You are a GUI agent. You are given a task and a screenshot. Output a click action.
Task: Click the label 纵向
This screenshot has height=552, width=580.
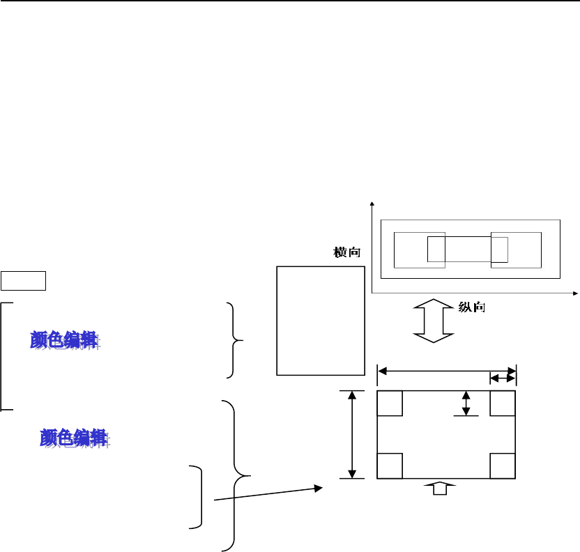472,307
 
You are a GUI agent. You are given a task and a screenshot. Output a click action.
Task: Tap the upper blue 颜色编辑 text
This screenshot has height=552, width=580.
64,340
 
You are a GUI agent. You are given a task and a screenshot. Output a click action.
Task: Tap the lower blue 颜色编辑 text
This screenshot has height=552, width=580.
73,438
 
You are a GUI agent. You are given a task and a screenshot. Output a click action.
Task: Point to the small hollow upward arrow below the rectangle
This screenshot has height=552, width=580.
440,489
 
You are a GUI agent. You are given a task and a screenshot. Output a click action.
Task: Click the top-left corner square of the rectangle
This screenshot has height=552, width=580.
390,403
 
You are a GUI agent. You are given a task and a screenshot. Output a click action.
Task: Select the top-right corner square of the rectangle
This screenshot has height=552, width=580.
503,403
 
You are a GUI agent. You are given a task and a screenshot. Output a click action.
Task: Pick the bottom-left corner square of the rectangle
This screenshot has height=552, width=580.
390,466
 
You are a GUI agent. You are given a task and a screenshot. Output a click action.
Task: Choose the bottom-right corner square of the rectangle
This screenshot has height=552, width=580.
503,466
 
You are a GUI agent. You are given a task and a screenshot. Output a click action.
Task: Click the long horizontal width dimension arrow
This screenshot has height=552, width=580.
446,369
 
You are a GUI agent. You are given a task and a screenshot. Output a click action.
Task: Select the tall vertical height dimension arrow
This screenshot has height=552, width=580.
352,434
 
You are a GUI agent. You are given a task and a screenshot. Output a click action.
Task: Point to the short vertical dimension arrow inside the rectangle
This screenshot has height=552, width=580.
466,403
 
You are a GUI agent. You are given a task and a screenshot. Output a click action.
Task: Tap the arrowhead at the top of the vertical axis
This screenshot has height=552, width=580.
374,204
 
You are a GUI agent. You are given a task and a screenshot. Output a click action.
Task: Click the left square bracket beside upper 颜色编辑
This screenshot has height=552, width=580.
3,356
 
